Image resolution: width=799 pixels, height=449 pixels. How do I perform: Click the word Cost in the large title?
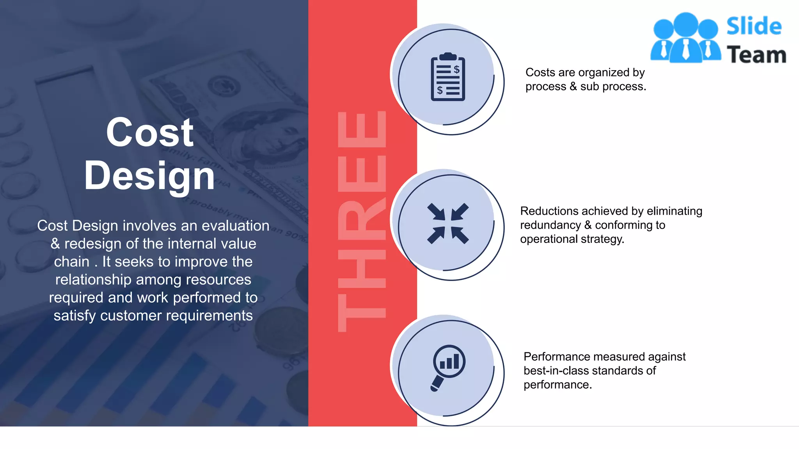(149, 133)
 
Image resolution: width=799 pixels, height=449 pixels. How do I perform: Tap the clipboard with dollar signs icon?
(447, 77)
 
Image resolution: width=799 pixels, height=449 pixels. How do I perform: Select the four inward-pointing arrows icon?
(447, 223)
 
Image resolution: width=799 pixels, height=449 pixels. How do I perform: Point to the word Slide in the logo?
(754, 26)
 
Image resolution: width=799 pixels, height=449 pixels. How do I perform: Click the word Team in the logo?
(756, 55)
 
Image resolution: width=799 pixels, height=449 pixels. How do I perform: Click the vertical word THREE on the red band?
(362, 221)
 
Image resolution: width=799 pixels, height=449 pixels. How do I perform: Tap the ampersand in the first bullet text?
(573, 87)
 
